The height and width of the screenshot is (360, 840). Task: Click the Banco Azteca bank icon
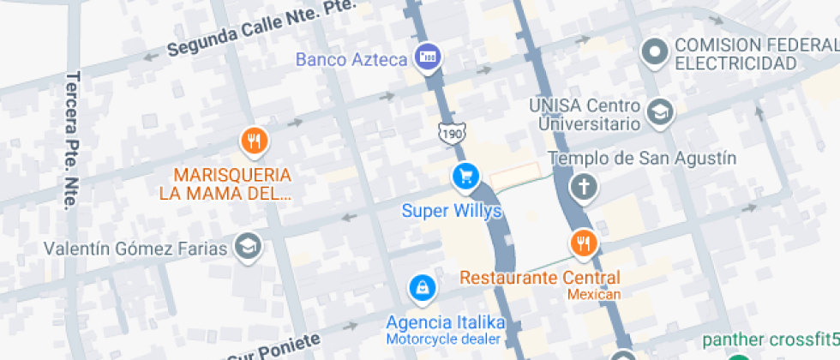pyautogui.click(x=427, y=58)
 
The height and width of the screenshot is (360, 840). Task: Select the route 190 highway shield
pyautogui.click(x=449, y=132)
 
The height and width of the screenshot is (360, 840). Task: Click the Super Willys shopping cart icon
pyautogui.click(x=465, y=177)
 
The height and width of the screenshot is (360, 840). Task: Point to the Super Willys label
pyautogui.click(x=451, y=211)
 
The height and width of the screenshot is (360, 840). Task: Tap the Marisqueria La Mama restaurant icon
pyautogui.click(x=252, y=141)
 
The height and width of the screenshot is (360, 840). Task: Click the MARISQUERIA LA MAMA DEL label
pyautogui.click(x=226, y=183)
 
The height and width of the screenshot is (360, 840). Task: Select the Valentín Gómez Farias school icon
pyautogui.click(x=249, y=247)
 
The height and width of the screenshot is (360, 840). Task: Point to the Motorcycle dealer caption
pyautogui.click(x=444, y=339)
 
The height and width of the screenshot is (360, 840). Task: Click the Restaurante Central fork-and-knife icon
pyautogui.click(x=584, y=243)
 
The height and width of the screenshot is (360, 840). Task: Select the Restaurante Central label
pyautogui.click(x=540, y=278)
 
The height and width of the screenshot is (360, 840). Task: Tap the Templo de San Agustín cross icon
pyautogui.click(x=584, y=186)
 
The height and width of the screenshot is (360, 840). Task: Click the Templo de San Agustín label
pyautogui.click(x=642, y=158)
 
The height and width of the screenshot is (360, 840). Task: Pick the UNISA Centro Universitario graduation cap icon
pyautogui.click(x=660, y=112)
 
